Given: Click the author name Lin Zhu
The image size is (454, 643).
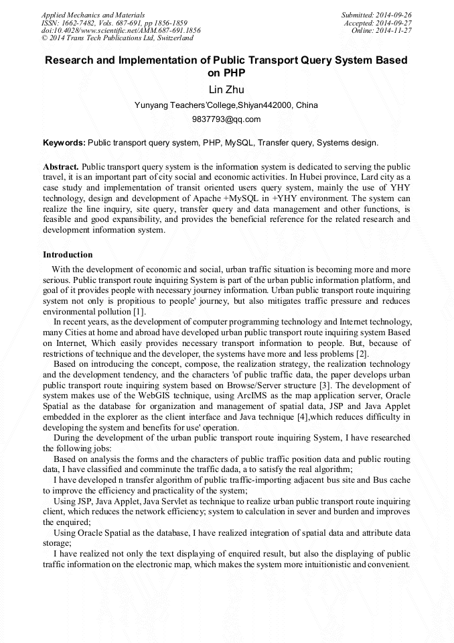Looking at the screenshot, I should [226, 90].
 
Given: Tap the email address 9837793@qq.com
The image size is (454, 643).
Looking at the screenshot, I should [226, 119].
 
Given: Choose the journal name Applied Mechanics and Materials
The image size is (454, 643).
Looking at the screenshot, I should [93, 15].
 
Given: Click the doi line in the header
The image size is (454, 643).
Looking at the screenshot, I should [121, 31].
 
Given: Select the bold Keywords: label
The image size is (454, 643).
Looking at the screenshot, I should [64, 143].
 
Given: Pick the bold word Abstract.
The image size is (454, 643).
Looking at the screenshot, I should [61, 166].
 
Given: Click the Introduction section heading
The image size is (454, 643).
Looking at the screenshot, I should [68, 255].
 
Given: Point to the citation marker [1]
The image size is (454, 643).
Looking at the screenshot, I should [138, 312].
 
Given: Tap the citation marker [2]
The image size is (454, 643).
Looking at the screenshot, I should [361, 354].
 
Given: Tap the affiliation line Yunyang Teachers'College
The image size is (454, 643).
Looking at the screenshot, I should [226, 105].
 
